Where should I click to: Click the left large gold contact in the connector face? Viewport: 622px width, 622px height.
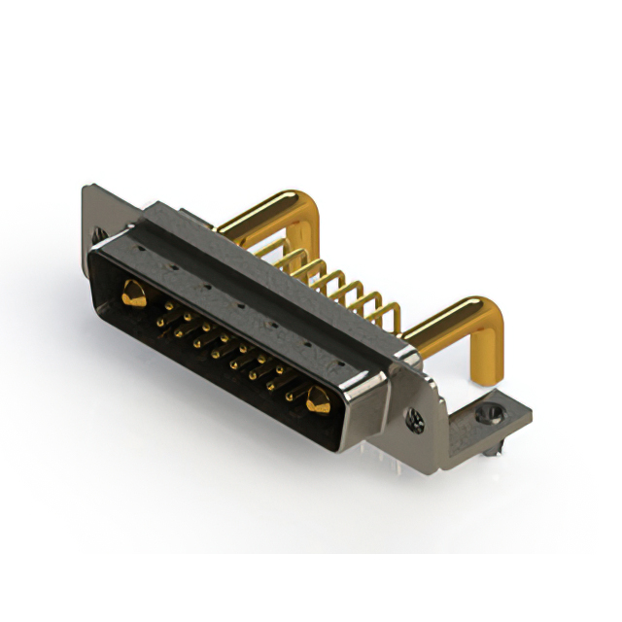(x=134, y=293)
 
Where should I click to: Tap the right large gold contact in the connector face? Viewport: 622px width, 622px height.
(x=317, y=398)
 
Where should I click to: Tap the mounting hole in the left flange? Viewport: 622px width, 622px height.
(x=98, y=234)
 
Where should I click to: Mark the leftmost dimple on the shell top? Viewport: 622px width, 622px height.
(x=142, y=250)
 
